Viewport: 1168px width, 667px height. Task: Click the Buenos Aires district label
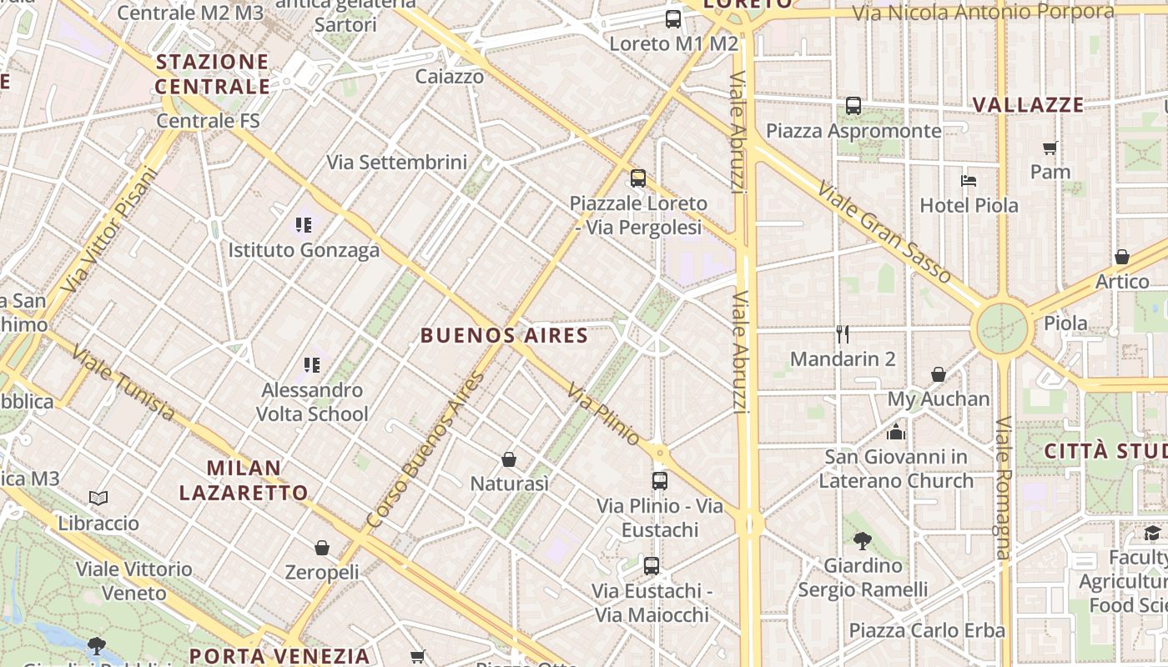point(504,336)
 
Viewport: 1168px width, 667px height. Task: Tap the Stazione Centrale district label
point(212,74)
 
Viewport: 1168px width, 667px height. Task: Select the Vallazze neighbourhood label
point(1028,105)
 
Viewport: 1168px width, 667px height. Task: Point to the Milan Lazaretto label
point(244,480)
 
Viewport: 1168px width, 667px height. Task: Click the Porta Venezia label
point(279,656)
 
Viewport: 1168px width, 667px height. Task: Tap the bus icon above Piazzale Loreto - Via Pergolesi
point(638,178)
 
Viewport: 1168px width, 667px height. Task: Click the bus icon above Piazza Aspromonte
point(853,106)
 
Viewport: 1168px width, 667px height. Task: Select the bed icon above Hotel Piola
point(968,180)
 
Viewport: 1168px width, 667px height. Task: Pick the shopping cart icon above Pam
point(1050,148)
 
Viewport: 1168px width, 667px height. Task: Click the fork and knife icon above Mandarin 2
point(843,334)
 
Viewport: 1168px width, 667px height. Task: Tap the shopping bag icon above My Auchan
point(939,374)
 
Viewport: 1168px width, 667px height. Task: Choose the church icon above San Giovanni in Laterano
point(896,432)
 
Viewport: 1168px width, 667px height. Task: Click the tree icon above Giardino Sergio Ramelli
point(863,541)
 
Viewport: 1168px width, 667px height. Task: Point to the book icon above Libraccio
point(98,499)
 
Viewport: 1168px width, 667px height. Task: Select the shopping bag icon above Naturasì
point(509,459)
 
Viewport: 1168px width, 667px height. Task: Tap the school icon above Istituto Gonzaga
point(303,224)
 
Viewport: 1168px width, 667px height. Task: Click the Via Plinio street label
point(604,414)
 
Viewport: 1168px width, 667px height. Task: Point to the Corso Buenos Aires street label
point(425,450)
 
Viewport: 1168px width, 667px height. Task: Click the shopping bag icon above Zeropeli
point(322,548)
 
